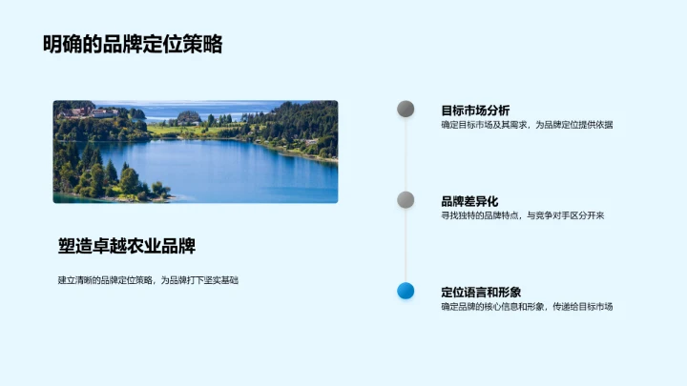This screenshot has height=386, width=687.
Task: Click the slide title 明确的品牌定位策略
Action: (133, 45)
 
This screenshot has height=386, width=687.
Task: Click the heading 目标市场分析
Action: (475, 111)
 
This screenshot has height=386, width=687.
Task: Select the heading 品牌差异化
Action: (469, 201)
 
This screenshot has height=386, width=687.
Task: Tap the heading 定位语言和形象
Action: (481, 292)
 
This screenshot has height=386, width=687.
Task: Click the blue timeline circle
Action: (406, 291)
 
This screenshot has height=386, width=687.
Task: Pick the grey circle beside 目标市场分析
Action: (406, 110)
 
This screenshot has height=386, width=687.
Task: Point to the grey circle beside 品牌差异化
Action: (406, 200)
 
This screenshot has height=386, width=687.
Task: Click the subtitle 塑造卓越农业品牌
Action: (126, 246)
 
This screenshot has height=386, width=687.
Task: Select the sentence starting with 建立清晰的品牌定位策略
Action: (147, 279)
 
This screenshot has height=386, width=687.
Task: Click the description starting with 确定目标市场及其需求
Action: (527, 125)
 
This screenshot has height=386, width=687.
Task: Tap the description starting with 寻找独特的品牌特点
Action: (522, 215)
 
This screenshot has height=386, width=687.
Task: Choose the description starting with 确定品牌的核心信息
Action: (527, 306)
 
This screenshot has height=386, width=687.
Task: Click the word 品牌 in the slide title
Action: (123, 45)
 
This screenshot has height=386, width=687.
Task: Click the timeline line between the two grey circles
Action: (406, 154)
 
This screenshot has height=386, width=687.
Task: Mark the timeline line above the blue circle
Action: (406, 246)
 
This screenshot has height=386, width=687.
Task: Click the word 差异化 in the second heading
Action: (479, 201)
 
